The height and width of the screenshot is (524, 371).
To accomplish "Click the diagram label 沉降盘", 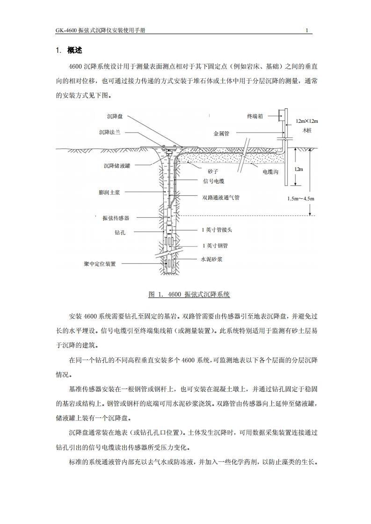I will click(x=115, y=116).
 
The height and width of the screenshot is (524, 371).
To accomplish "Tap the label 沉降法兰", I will click(x=110, y=133).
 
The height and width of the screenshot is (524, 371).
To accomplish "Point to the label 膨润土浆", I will click(x=109, y=192).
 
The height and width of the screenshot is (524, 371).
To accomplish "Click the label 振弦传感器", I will click(x=116, y=218).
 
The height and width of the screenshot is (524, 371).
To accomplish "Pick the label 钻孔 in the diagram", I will click(x=120, y=232).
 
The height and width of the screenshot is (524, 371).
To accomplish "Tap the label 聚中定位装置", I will click(x=100, y=264).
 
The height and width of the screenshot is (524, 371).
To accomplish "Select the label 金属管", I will click(x=221, y=134).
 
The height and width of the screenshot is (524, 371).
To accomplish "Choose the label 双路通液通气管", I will click(x=221, y=198).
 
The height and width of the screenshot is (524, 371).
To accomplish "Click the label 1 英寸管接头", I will click(x=217, y=230).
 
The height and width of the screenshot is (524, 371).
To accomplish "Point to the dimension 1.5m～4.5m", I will click(x=301, y=198).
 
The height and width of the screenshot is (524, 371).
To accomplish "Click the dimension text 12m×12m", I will click(x=306, y=121).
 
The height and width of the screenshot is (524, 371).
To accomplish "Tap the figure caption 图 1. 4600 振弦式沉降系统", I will click(x=189, y=294).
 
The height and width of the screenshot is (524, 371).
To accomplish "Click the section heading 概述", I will click(x=75, y=50).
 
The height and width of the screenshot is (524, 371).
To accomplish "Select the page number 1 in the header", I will click(x=307, y=31).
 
